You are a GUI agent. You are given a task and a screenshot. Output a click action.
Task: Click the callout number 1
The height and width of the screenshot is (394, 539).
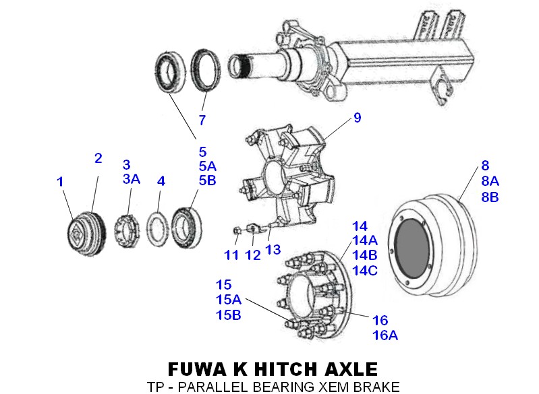(x=60, y=182)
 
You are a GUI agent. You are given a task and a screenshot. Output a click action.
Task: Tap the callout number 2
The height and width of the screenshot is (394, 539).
(x=98, y=158)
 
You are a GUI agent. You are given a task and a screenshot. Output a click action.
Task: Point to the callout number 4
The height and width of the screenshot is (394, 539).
(x=161, y=181)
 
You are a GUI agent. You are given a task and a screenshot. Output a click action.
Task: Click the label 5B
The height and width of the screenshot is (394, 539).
(x=207, y=180)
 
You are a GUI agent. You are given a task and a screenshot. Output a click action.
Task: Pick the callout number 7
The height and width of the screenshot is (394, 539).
(x=201, y=121)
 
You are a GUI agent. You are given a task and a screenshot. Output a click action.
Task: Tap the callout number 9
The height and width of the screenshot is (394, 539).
(x=357, y=118)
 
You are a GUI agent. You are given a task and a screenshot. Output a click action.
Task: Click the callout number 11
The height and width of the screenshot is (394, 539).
(x=232, y=255)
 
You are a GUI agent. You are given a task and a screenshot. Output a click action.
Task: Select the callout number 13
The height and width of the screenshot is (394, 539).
(x=273, y=250)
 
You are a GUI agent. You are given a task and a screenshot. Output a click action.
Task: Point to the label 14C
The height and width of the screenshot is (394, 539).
(x=364, y=270)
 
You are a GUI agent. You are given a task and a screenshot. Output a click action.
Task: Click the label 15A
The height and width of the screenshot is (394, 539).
(x=228, y=299)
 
